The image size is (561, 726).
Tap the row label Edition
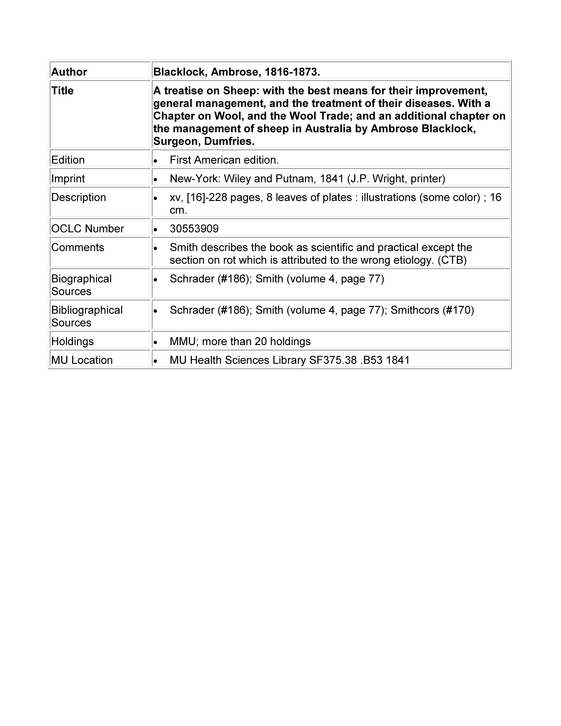click(68, 160)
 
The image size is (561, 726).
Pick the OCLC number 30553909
click(194, 229)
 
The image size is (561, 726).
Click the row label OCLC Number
click(87, 229)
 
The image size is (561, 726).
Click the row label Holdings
click(72, 341)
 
